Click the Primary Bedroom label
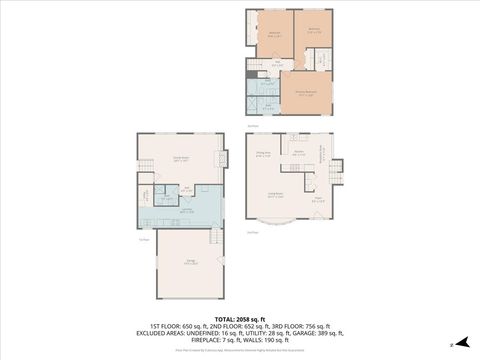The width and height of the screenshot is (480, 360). (306, 95)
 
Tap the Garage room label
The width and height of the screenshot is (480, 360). (190, 262)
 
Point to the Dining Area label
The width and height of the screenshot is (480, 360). (264, 153)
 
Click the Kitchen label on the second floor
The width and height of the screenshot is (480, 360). (299, 153)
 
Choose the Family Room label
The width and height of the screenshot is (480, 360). (182, 158)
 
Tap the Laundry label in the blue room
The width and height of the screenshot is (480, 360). (187, 211)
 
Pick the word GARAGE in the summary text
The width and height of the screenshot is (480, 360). (306, 333)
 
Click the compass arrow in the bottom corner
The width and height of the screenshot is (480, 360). (461, 343)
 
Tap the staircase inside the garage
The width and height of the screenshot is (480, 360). (212, 238)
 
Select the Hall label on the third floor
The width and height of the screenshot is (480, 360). (277, 62)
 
